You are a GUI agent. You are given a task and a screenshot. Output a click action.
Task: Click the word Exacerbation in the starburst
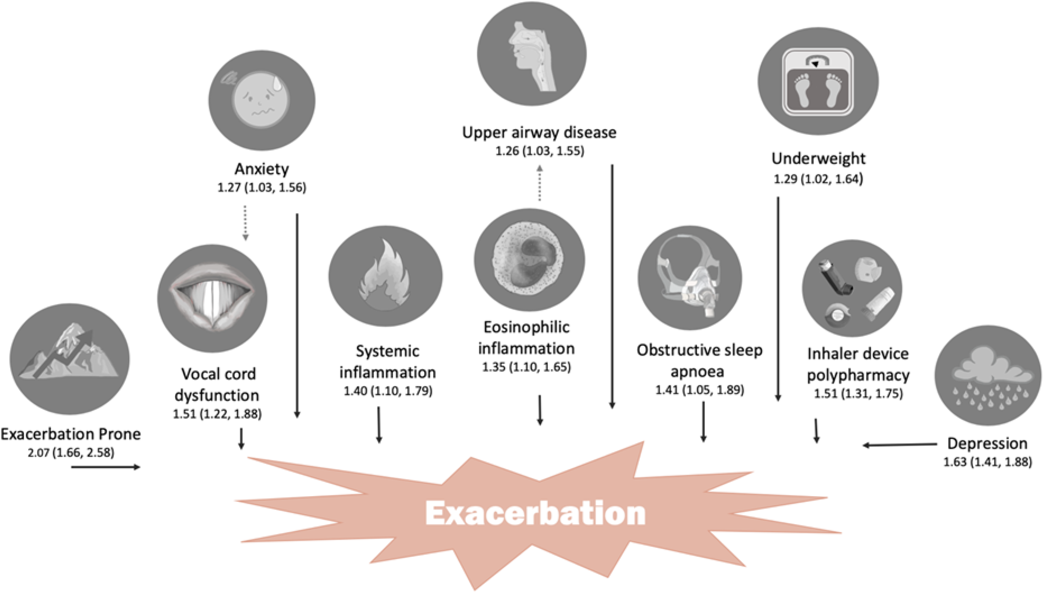click(x=535, y=513)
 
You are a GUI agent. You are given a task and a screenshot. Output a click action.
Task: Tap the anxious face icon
click(x=262, y=100)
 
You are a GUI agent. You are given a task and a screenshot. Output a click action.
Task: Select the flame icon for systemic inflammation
click(x=385, y=276)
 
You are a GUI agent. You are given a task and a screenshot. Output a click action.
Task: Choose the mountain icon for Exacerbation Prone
click(x=70, y=359)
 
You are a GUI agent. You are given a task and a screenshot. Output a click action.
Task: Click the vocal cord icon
click(x=212, y=299)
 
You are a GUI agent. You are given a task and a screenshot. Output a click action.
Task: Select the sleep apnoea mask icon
click(x=690, y=278)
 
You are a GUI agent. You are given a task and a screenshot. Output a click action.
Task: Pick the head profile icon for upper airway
click(x=532, y=53)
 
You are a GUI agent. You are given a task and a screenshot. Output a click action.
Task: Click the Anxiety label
click(x=262, y=169)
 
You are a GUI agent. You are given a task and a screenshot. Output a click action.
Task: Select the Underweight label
click(x=818, y=159)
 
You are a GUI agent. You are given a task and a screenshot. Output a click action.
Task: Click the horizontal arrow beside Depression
click(x=900, y=445)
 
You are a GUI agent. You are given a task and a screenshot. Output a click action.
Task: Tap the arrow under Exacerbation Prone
click(x=106, y=467)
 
